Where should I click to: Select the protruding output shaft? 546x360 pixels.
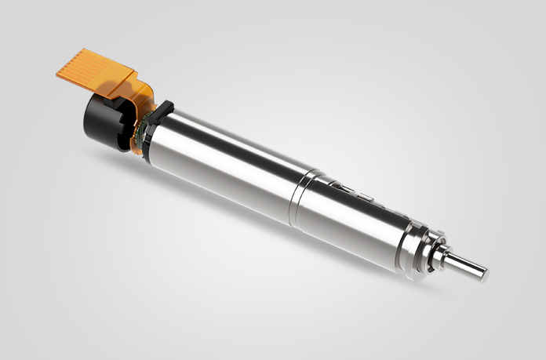(467, 267)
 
